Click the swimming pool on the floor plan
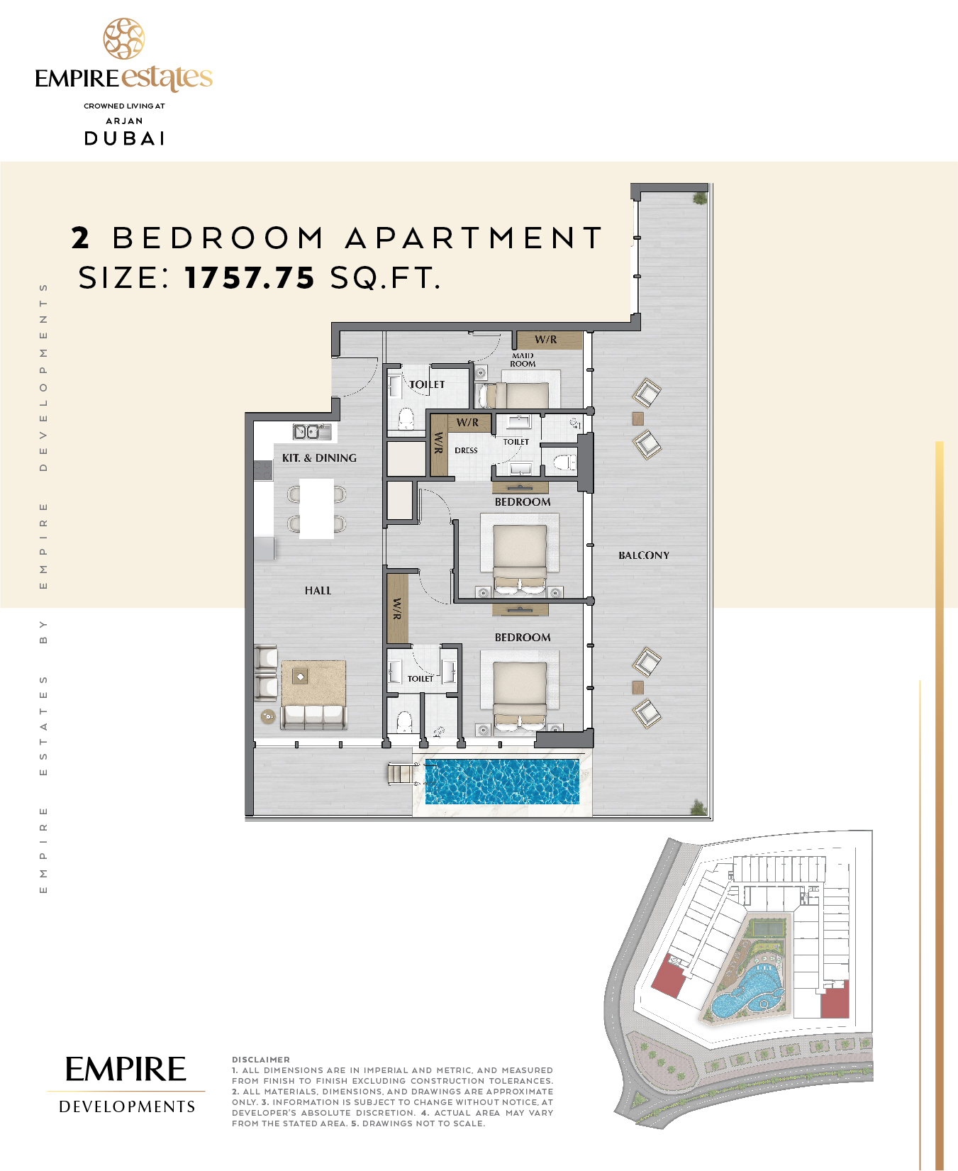tap(502, 782)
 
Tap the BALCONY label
tap(644, 555)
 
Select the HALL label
tap(318, 590)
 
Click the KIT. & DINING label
tap(319, 458)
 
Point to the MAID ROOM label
tap(523, 360)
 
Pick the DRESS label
tap(466, 450)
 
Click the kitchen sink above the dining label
tap(312, 431)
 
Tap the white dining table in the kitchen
tap(316, 509)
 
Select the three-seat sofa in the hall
tap(313, 717)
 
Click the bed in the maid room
tap(517, 395)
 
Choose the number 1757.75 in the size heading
tap(250, 278)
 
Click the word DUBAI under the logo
tap(125, 138)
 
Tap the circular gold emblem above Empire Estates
tap(124, 39)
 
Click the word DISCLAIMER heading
tap(261, 1060)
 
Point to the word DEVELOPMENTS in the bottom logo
tap(127, 1106)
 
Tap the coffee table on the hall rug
tap(300, 677)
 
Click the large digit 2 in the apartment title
tap(80, 238)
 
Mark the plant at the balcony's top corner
tap(700, 196)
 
